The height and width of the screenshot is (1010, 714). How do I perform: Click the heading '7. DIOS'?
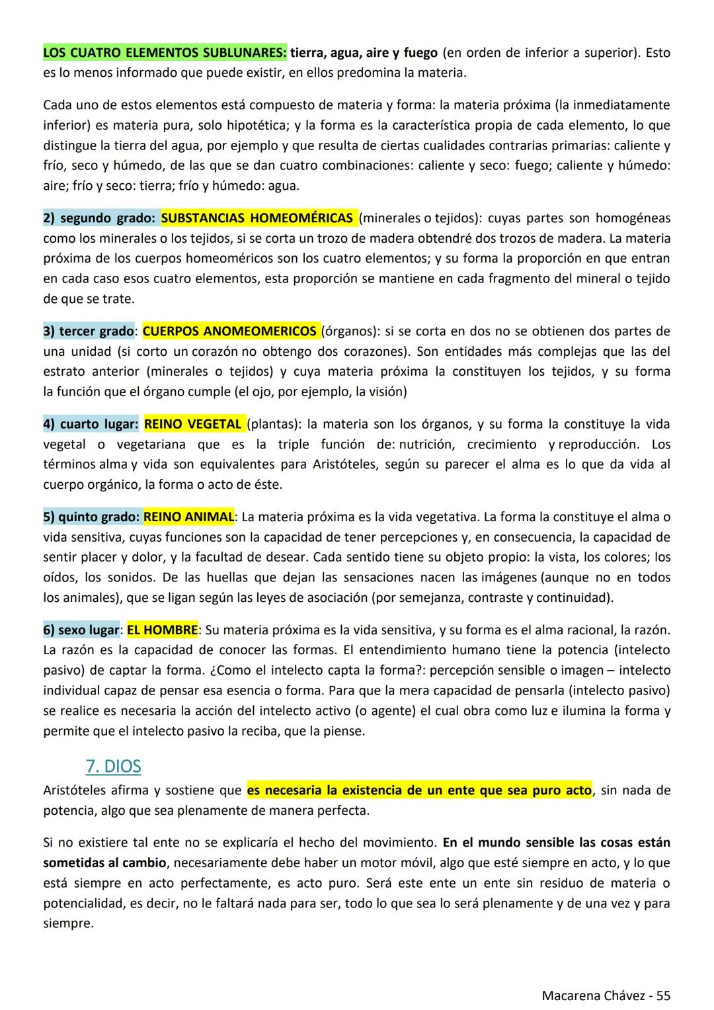[113, 767]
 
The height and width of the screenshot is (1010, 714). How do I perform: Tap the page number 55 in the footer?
[663, 995]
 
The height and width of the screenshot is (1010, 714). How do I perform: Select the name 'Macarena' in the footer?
[569, 995]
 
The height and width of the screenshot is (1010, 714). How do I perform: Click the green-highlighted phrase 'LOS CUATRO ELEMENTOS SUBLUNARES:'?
[165, 52]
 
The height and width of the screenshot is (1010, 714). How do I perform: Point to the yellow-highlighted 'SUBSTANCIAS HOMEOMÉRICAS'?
[257, 218]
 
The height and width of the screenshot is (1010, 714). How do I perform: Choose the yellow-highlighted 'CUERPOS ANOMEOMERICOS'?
[229, 331]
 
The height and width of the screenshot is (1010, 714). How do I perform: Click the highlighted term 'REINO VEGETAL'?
[194, 423]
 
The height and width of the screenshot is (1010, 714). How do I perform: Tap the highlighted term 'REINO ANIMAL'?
[188, 517]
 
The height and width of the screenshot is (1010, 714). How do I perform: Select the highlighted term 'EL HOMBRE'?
[162, 630]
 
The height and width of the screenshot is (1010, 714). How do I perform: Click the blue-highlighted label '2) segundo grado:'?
[99, 218]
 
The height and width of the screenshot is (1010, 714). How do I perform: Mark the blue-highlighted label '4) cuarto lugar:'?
[91, 423]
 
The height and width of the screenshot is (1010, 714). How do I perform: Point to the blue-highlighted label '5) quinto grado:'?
[91, 517]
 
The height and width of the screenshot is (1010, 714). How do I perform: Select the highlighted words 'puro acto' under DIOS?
[561, 790]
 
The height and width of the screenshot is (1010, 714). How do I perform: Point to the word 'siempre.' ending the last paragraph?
[68, 923]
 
